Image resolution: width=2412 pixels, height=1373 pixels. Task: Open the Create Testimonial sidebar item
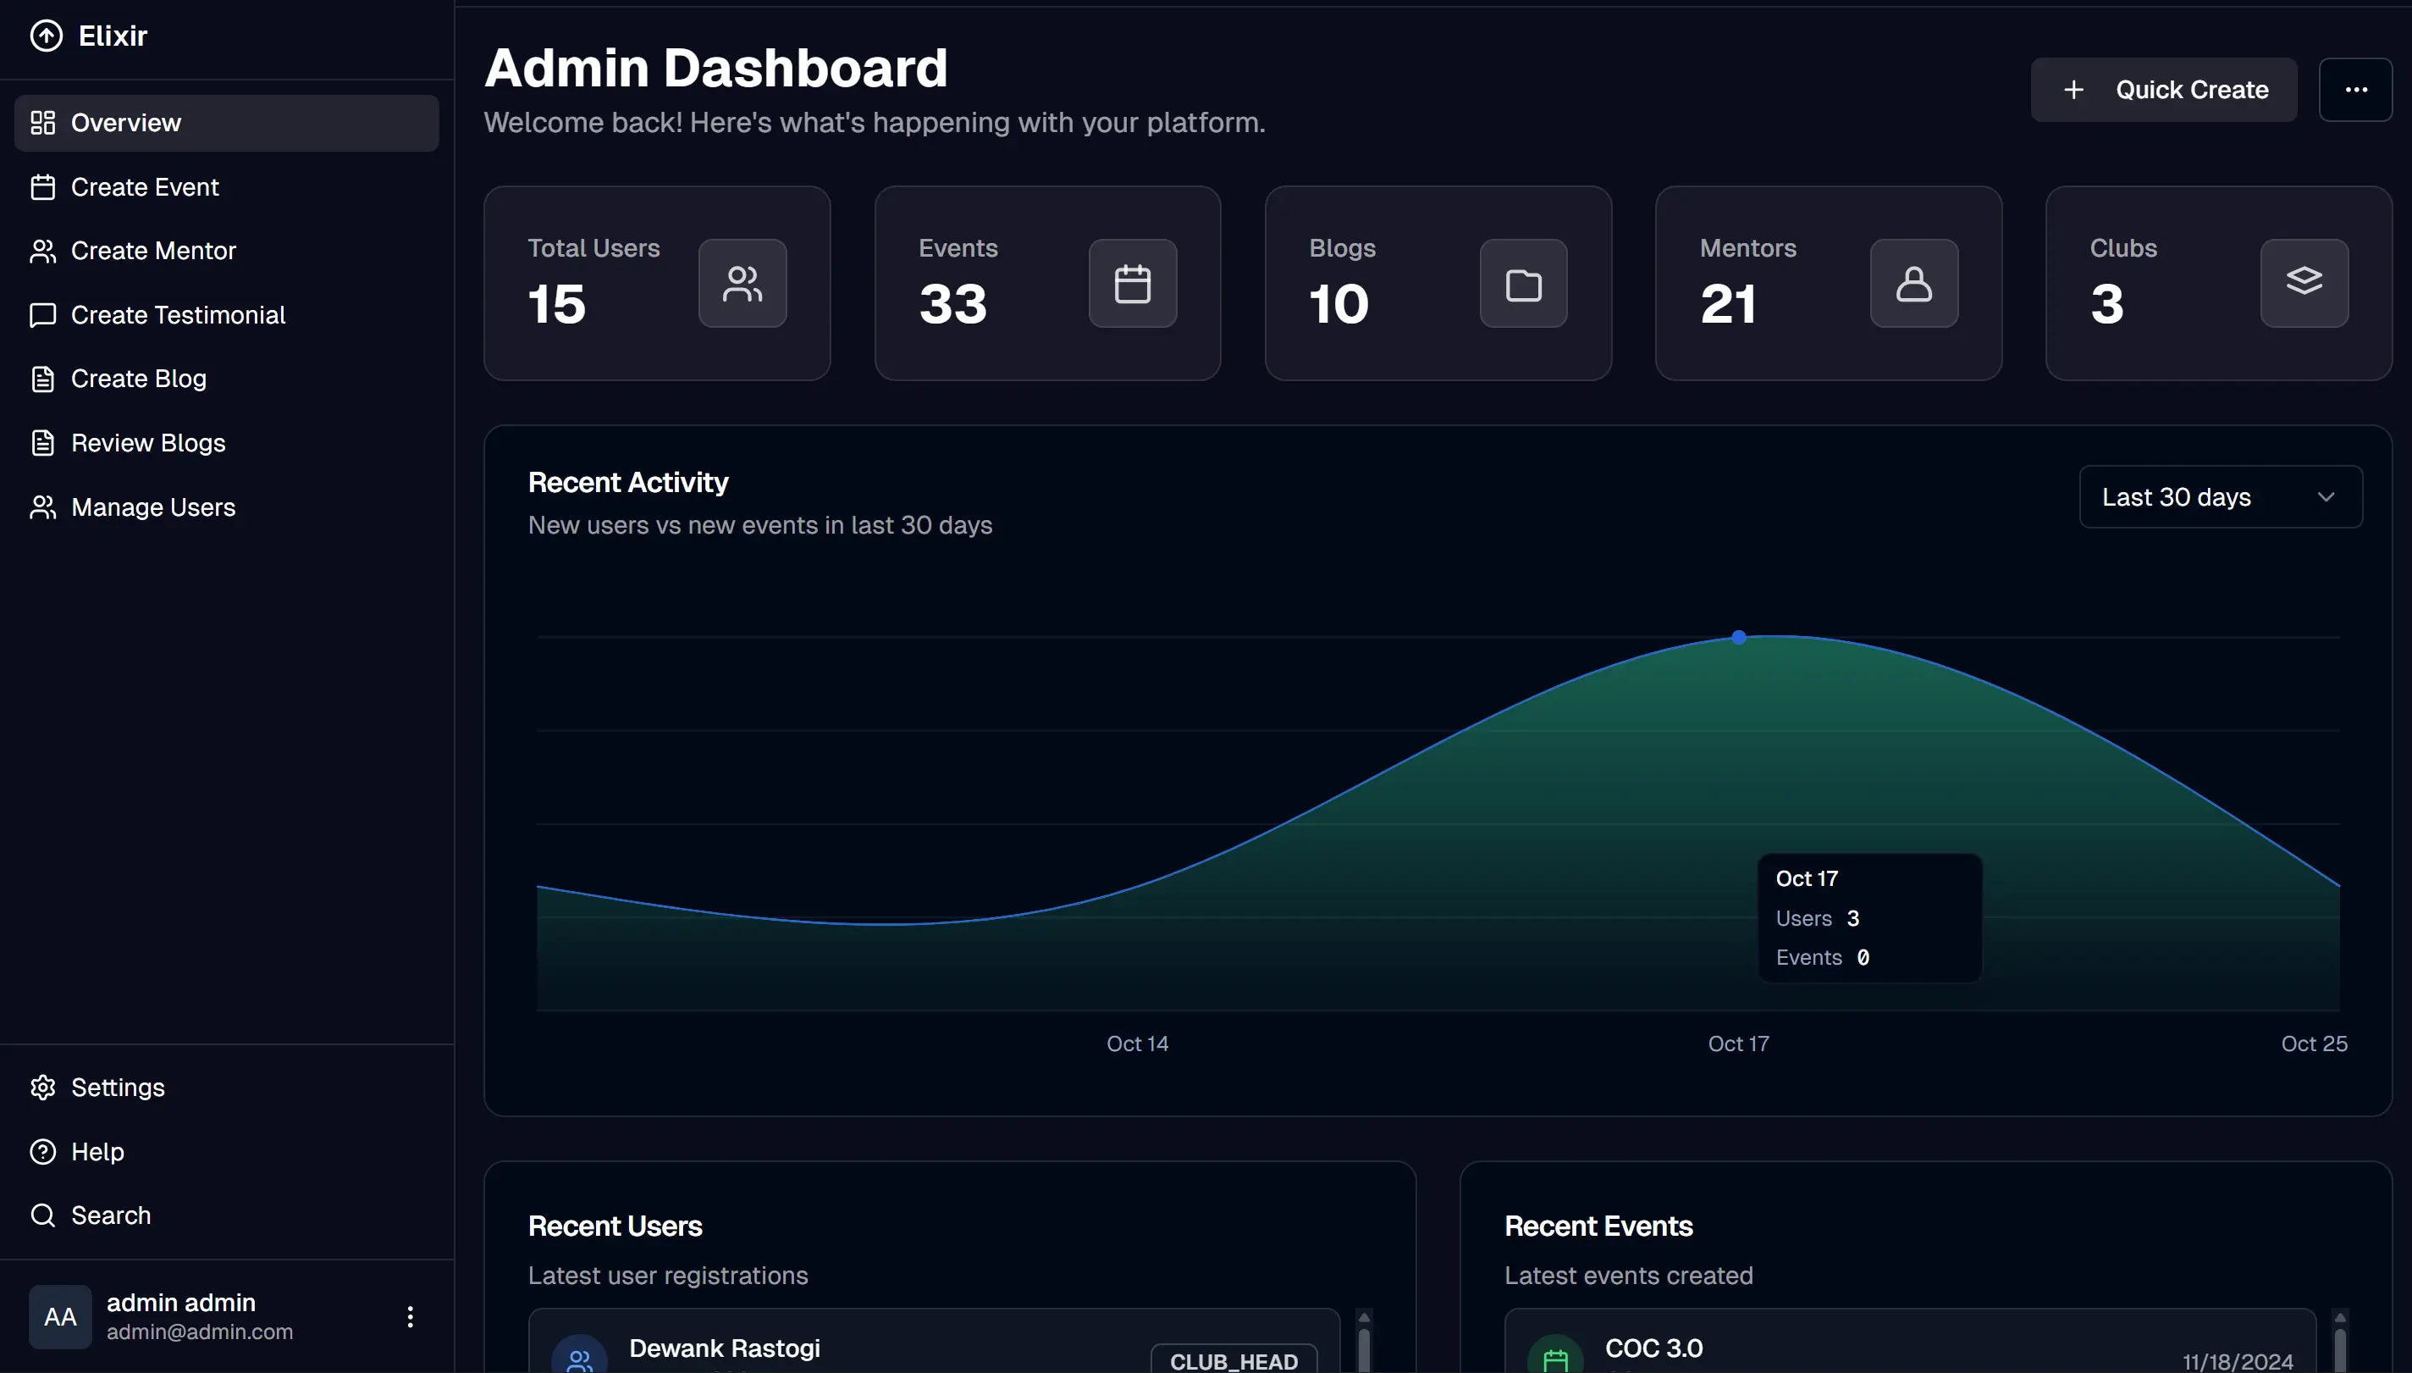pyautogui.click(x=177, y=315)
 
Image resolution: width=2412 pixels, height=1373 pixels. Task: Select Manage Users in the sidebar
pyautogui.click(x=152, y=507)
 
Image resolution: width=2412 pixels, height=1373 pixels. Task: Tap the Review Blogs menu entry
pyautogui.click(x=148, y=443)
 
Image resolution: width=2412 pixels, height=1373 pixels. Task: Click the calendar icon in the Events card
pyautogui.click(x=1132, y=284)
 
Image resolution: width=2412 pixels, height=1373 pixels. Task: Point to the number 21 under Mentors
pyautogui.click(x=1728, y=305)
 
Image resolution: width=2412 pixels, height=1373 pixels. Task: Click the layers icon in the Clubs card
pyautogui.click(x=2303, y=283)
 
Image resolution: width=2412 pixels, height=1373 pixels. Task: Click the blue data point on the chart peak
pyautogui.click(x=1738, y=639)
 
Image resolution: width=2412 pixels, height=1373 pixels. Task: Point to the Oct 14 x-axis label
pyautogui.click(x=1137, y=1044)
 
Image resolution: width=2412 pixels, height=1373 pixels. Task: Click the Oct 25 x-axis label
pyautogui.click(x=2313, y=1044)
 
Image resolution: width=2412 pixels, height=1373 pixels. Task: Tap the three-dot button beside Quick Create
pyautogui.click(x=2354, y=90)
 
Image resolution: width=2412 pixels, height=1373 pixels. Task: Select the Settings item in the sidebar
pyautogui.click(x=117, y=1088)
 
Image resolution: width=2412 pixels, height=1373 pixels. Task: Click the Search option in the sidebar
pyautogui.click(x=110, y=1215)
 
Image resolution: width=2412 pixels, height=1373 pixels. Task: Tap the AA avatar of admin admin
pyautogui.click(x=60, y=1316)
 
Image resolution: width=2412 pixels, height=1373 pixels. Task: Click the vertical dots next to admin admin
pyautogui.click(x=410, y=1316)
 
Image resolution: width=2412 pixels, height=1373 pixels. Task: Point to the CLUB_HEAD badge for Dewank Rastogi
pyautogui.click(x=1233, y=1359)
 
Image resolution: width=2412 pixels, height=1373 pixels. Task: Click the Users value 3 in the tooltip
pyautogui.click(x=1852, y=918)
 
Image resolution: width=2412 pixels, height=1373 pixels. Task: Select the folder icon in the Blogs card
pyautogui.click(x=1522, y=284)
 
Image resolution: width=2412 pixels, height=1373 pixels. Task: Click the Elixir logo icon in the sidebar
pyautogui.click(x=47, y=36)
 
